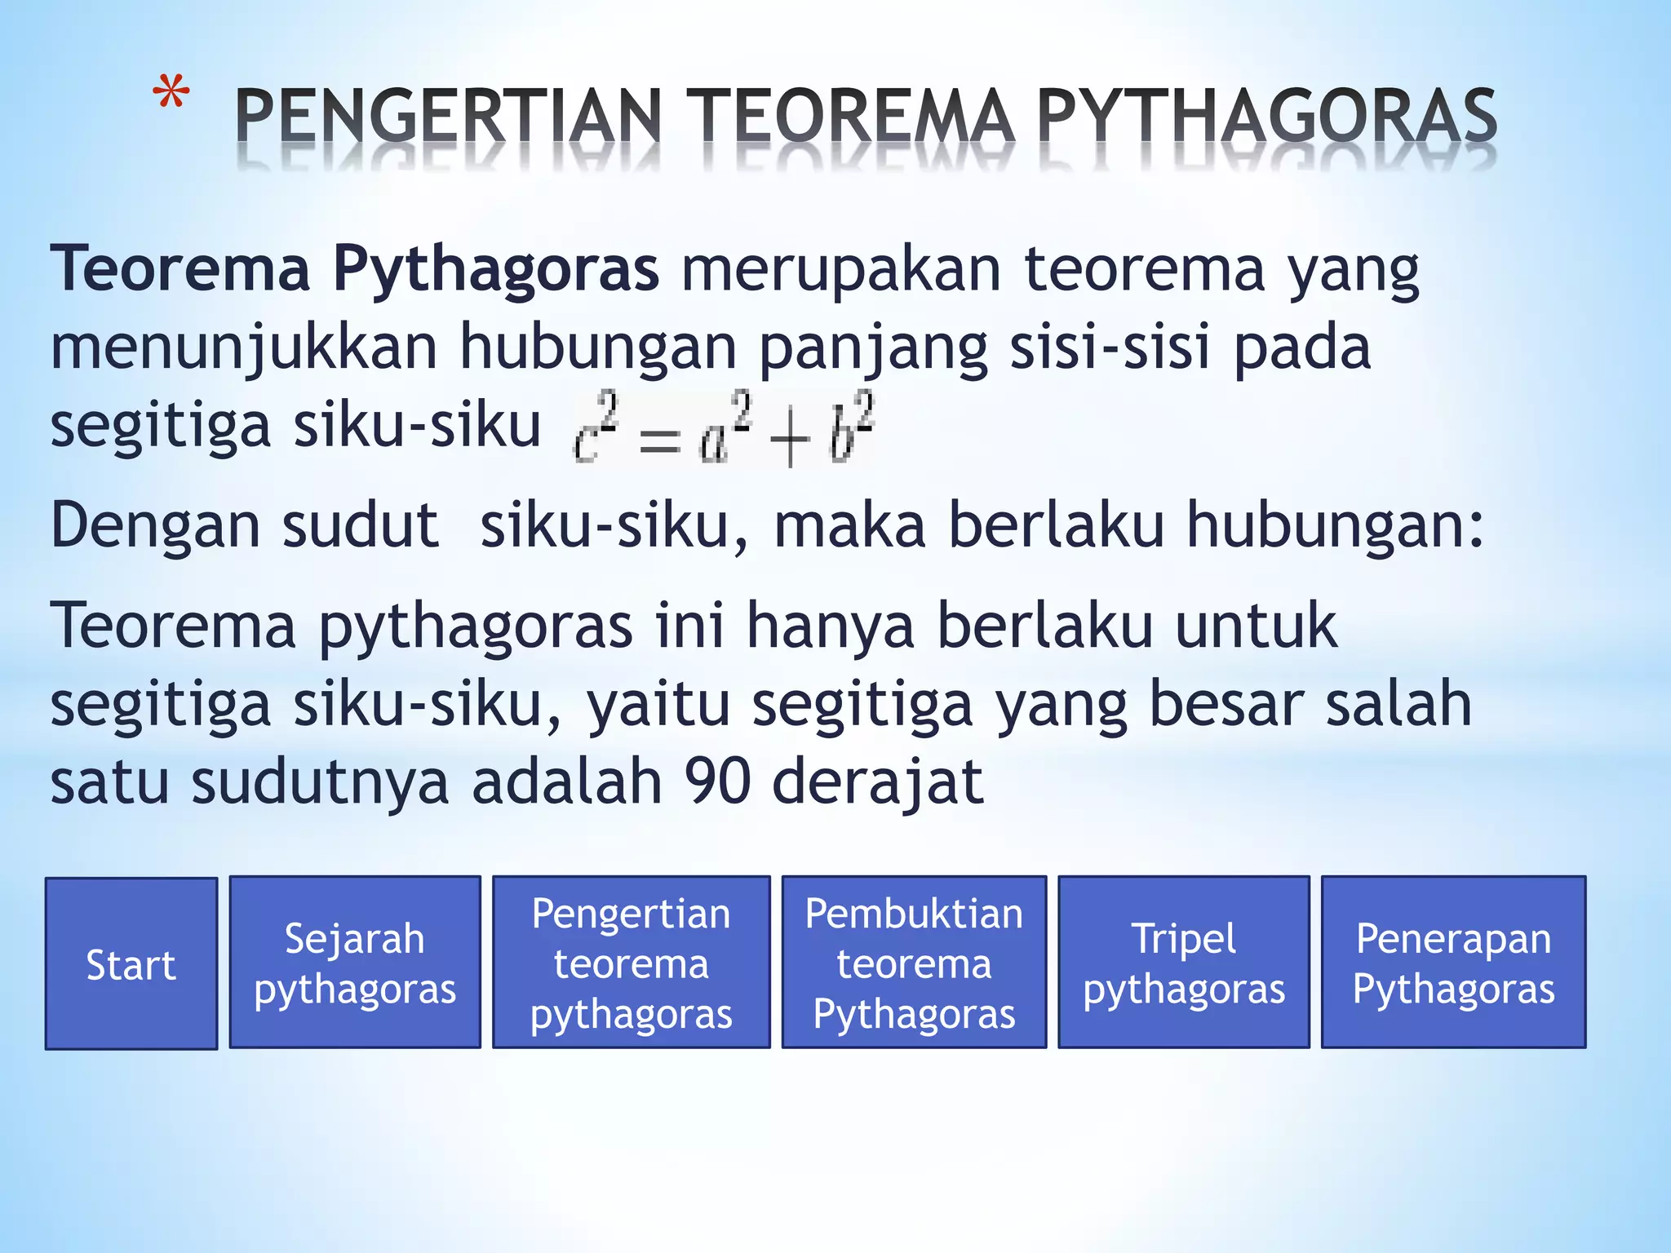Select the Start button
(x=131, y=963)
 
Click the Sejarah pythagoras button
(x=355, y=963)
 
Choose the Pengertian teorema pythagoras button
(x=631, y=963)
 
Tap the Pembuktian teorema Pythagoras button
(x=914, y=963)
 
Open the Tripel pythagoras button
(x=1184, y=963)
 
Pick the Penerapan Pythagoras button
(x=1453, y=963)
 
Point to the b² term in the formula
(x=851, y=430)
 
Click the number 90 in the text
(x=717, y=781)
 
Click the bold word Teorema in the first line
(x=180, y=268)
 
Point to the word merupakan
(x=840, y=270)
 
